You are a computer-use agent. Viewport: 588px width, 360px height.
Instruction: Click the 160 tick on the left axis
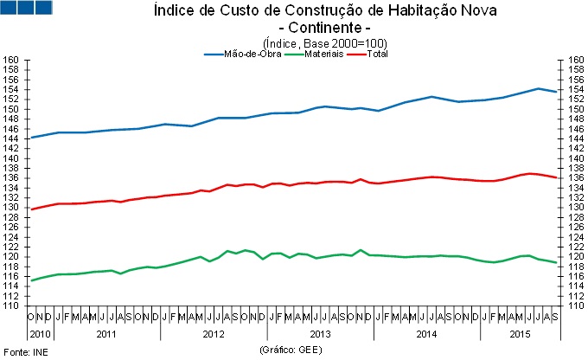[12, 61]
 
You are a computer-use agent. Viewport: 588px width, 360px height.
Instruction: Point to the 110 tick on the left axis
[12, 305]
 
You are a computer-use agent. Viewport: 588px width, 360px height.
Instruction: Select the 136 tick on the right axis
[575, 178]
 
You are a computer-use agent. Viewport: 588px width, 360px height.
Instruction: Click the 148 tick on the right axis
[575, 119]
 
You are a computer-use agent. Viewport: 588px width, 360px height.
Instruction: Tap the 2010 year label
[42, 333]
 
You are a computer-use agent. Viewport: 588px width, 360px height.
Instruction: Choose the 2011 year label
[107, 333]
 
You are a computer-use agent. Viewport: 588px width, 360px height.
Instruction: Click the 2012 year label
[214, 333]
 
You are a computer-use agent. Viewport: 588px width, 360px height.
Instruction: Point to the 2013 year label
[320, 333]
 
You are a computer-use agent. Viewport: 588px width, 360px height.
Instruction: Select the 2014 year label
[426, 333]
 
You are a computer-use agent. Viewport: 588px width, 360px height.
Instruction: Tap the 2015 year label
[519, 333]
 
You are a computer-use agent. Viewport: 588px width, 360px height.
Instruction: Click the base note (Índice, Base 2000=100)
[324, 42]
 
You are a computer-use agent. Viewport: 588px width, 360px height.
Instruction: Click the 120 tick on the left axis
[12, 257]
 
